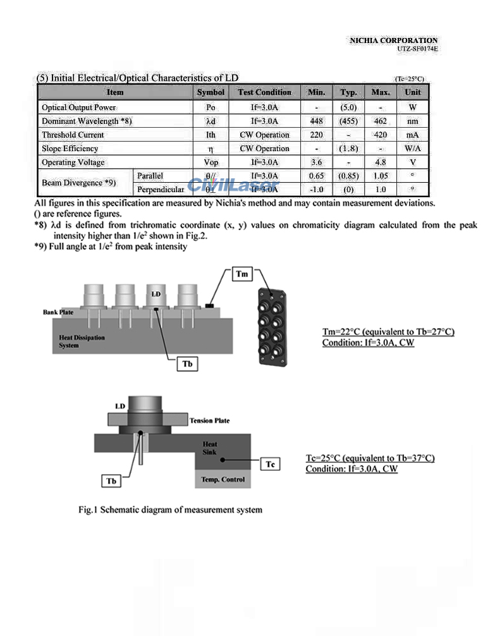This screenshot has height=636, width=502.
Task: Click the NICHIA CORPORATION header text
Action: click(393, 40)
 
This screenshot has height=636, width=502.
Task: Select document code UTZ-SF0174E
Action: click(417, 49)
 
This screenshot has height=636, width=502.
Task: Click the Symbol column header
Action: click(211, 92)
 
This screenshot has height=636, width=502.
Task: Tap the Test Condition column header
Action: click(264, 92)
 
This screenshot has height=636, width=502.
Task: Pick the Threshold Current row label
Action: click(73, 135)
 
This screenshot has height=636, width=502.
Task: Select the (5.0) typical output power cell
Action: click(349, 107)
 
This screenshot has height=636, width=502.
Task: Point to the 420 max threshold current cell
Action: click(381, 135)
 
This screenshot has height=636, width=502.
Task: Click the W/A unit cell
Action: click(413, 149)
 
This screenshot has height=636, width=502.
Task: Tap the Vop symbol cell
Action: click(211, 162)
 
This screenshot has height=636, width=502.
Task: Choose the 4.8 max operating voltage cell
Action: click(381, 162)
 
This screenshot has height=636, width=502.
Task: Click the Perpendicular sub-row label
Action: click(160, 189)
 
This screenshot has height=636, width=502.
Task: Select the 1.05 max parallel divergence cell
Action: click(381, 176)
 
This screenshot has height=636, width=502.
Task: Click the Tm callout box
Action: click(242, 274)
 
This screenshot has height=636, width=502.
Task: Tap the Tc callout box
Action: click(270, 465)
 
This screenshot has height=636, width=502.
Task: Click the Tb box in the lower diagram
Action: click(112, 481)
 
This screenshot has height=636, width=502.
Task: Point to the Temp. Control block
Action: click(223, 480)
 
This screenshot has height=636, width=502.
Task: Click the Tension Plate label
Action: click(209, 420)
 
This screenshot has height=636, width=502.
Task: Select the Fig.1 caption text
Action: click(170, 510)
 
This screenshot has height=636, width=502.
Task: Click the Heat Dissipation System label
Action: click(82, 341)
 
